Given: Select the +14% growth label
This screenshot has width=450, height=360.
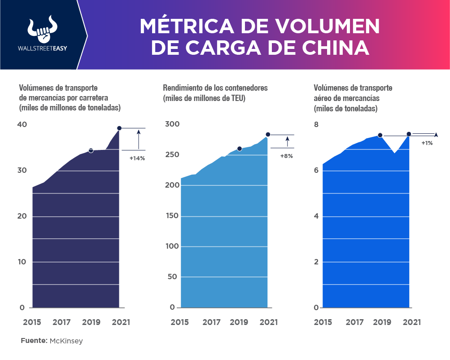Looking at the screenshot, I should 137,158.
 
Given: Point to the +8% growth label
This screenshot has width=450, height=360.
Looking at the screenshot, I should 286,156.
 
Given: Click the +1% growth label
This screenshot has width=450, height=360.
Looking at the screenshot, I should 427,143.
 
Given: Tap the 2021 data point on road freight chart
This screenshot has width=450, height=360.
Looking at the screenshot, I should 119,128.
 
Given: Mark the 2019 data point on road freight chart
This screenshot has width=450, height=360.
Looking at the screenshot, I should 91,150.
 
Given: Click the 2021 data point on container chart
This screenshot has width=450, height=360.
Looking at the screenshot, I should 268,135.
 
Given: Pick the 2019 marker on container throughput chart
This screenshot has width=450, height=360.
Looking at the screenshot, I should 240,149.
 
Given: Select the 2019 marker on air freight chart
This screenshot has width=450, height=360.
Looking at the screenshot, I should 380,135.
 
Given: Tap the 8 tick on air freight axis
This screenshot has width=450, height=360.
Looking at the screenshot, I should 316,125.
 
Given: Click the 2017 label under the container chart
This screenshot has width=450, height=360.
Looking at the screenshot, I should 211,322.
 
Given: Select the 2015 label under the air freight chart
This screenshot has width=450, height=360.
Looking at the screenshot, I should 323,322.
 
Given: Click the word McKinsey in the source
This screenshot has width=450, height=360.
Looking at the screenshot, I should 66,341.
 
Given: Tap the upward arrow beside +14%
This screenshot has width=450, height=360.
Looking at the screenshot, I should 139,139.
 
